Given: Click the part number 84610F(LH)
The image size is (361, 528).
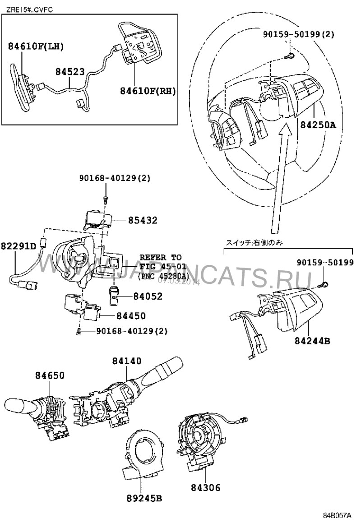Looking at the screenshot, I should point(36,46).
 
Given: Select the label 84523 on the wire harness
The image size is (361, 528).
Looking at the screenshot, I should point(69,72).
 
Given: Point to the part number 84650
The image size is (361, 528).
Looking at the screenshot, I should point(50,375).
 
